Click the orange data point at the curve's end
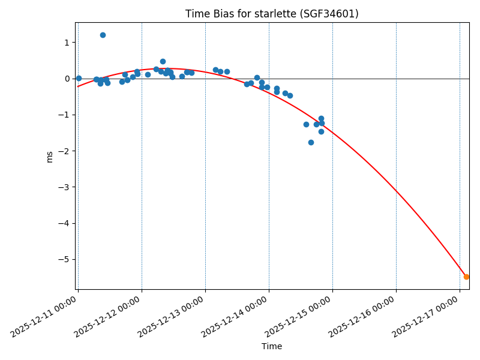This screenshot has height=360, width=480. coord(466,277)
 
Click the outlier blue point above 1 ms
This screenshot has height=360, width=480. coord(103,35)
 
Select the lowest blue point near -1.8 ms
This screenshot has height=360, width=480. coord(311,142)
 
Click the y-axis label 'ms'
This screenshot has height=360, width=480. coord(50,156)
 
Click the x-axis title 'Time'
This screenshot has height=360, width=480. coord(272,346)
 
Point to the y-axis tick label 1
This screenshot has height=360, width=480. coord(66,43)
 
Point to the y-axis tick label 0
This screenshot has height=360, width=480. coord(66,79)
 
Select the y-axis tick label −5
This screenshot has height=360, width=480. coord(64,259)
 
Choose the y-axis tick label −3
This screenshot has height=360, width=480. coord(64,187)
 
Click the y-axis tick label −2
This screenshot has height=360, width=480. coord(64,151)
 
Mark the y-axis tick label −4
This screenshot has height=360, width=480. coord(64,223)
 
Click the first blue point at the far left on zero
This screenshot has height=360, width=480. coord(79,78)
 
